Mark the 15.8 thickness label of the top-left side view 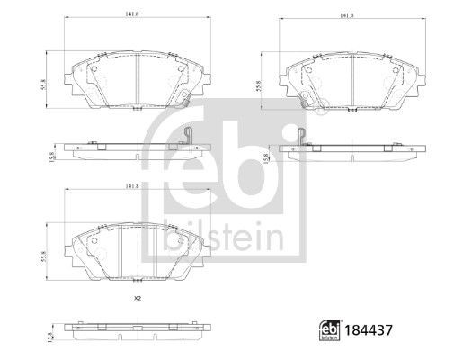(53, 158)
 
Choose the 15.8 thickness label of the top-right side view (263, 158)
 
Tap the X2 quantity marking (137, 299)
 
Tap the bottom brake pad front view (136, 253)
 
